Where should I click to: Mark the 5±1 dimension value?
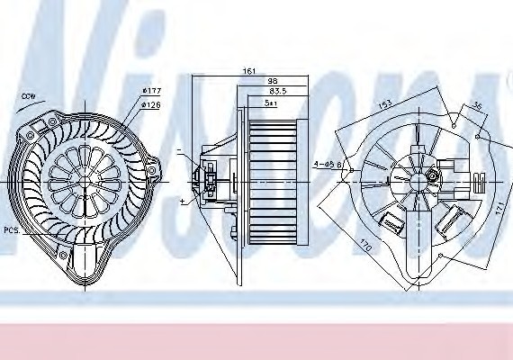click(271, 103)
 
